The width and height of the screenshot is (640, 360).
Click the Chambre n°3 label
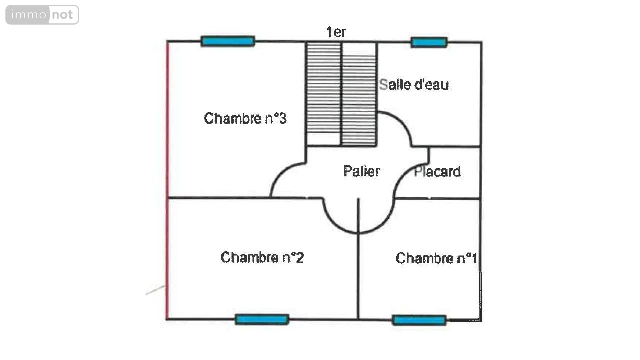245,118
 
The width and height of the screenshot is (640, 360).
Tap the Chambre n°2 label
262,257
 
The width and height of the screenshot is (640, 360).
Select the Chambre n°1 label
436,258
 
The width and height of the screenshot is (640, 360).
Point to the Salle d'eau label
414,85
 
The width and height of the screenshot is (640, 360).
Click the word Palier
361,171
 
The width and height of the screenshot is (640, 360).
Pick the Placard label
437,172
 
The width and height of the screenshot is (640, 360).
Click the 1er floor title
336,32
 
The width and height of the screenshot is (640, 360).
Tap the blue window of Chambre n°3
228,41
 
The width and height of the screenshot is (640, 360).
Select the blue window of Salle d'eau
429,42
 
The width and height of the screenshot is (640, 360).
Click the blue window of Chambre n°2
262,319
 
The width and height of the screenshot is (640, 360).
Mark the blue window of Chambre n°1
419,320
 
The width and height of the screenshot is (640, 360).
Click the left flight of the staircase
323,87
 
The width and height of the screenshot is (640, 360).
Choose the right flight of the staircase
359,95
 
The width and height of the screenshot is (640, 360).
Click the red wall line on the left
167,180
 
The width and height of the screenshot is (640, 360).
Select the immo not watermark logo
42,15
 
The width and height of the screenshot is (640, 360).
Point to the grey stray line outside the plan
155,290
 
